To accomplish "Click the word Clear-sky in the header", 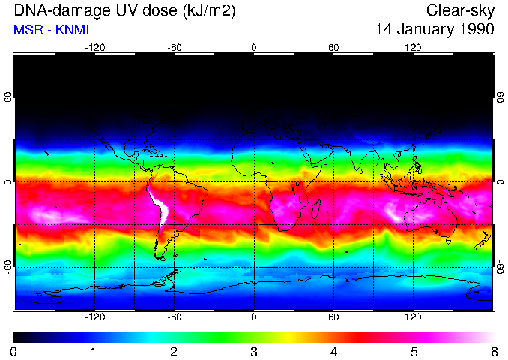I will click(460, 10).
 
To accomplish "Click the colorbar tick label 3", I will click(253, 351).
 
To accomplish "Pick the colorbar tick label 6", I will click(493, 351).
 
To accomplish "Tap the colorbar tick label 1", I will click(94, 351).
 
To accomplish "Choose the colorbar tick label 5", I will click(414, 351).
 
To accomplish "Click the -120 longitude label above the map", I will click(94, 48).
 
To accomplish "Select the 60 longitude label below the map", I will click(333, 317).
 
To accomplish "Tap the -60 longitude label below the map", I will click(174, 317).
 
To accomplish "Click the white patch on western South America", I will click(160, 206).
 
